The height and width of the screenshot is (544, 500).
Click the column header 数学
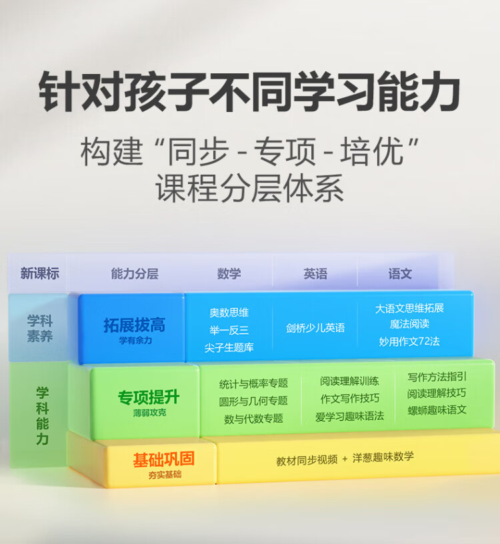point(229,274)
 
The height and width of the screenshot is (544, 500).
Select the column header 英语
point(315,274)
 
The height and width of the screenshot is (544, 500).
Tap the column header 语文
point(400,274)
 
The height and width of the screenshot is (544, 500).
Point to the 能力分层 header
point(135,274)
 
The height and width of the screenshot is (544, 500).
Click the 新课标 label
point(39,274)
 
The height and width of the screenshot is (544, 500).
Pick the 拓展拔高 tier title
point(134,325)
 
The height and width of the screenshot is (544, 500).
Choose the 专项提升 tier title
point(149,398)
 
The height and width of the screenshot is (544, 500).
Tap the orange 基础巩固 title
point(163,460)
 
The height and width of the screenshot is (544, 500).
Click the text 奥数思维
point(229,313)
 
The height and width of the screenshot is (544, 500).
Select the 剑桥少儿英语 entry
point(315,328)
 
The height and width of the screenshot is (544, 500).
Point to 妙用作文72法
point(409,341)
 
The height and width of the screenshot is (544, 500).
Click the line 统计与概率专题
point(253,383)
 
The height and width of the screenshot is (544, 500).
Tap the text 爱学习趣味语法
point(349,416)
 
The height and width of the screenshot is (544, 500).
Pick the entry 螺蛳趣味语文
point(437,409)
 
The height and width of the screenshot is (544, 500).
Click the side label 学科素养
point(40,329)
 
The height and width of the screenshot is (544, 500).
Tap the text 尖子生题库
point(229,347)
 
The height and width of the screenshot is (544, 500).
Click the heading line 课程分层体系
point(250,189)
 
